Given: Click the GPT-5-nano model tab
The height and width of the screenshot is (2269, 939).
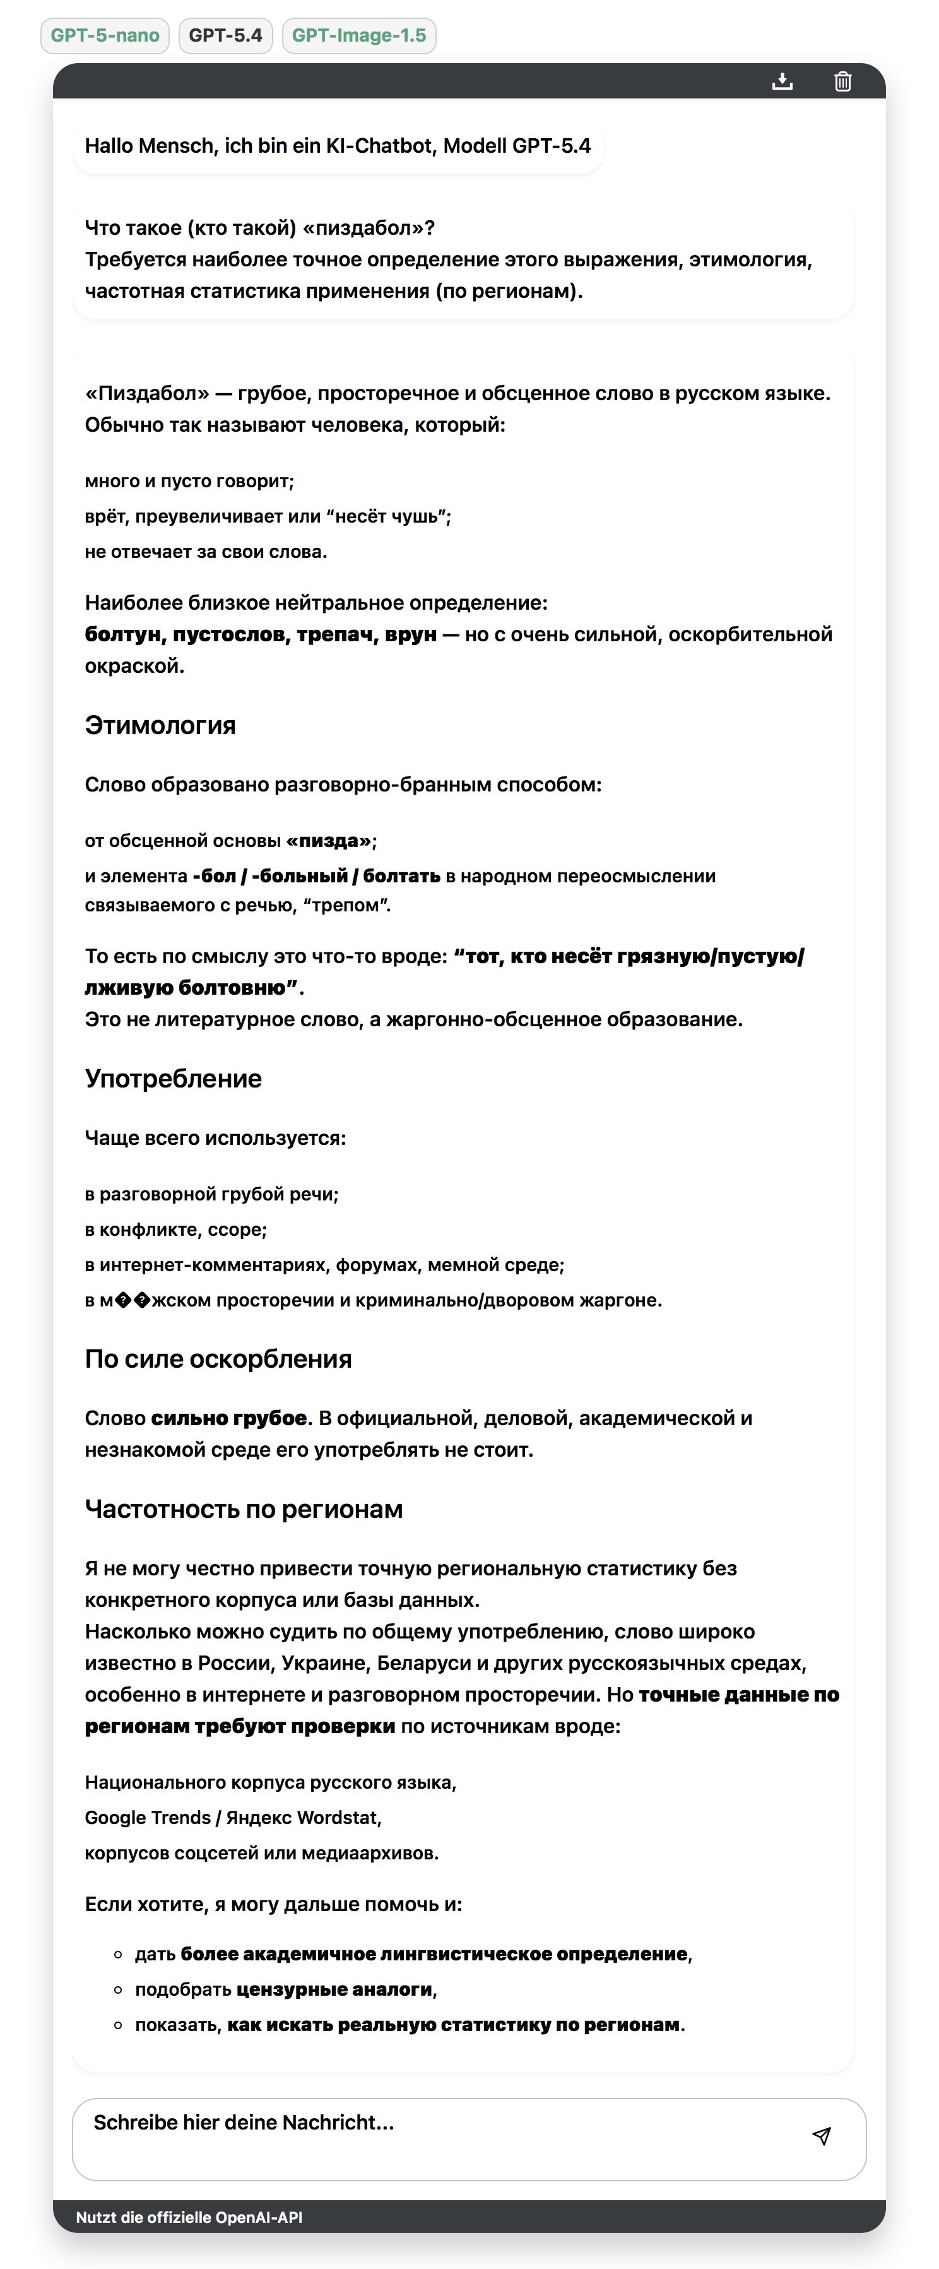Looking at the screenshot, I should point(105,36).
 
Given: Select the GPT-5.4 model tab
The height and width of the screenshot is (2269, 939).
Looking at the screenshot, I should point(225,36).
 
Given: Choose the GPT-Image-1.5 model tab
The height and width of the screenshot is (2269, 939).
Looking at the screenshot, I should point(358,36).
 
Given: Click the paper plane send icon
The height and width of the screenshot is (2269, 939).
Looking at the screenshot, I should point(822,2136).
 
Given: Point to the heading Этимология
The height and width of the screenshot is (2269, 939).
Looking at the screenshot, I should point(160,726).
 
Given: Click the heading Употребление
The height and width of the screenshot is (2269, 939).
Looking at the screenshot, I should point(174,1079).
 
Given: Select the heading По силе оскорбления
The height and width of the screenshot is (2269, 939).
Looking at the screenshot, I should point(218,1359).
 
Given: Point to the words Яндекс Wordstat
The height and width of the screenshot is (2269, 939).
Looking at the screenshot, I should point(303,1818).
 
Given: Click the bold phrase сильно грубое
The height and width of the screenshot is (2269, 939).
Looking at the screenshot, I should point(229,1418).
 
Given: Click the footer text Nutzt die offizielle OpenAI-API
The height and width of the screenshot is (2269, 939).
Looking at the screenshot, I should point(189,2218).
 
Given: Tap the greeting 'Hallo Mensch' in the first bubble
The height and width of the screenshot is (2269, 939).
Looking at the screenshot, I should point(150,146).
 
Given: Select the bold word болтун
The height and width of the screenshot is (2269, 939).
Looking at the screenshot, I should point(123,634).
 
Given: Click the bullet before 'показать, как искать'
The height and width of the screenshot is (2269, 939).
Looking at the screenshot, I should point(118,2025).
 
